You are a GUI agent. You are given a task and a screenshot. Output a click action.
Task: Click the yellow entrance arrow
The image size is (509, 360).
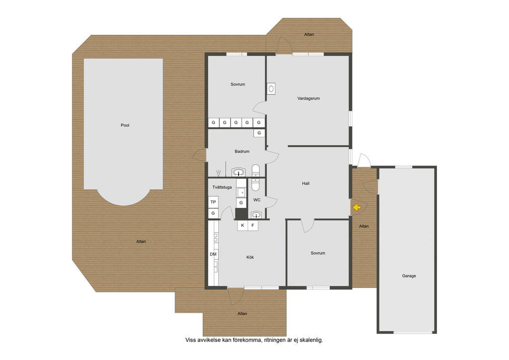click(x=357, y=207)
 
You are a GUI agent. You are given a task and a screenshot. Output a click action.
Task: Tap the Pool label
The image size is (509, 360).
click(x=125, y=125)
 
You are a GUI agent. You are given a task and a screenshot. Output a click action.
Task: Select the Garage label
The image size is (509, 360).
click(x=409, y=276)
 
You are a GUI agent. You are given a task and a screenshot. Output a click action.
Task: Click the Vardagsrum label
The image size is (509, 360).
click(x=308, y=98)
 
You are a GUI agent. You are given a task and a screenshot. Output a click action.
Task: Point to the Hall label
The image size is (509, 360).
click(x=306, y=183)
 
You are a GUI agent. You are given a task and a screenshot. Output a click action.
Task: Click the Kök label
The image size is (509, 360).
click(x=250, y=257)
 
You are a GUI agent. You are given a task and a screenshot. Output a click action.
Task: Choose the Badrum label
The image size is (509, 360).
click(x=242, y=151)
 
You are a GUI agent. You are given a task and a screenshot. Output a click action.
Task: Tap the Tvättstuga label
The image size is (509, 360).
click(x=222, y=187)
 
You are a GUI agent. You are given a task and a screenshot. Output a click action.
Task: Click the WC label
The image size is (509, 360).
click(x=257, y=200)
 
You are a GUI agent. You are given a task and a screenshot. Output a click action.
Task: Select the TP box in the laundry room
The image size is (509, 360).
click(x=213, y=202)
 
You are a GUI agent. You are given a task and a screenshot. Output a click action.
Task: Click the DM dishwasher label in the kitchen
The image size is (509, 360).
click(x=213, y=254)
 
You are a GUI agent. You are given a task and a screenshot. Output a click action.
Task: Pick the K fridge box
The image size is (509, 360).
click(x=243, y=225)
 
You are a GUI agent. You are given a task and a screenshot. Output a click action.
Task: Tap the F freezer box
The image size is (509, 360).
click(x=253, y=225)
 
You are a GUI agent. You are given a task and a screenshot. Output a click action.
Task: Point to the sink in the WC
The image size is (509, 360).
click(x=256, y=215)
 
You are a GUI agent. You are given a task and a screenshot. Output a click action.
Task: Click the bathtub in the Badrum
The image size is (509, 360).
click(x=256, y=177)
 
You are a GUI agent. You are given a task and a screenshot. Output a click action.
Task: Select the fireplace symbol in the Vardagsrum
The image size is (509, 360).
click(x=271, y=89)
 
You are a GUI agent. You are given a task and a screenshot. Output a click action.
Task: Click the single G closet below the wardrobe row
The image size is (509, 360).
click(x=259, y=133)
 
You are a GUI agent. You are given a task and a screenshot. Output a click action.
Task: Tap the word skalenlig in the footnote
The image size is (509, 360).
click(x=312, y=340)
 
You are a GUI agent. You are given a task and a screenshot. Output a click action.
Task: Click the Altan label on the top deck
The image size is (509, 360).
click(x=309, y=34)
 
